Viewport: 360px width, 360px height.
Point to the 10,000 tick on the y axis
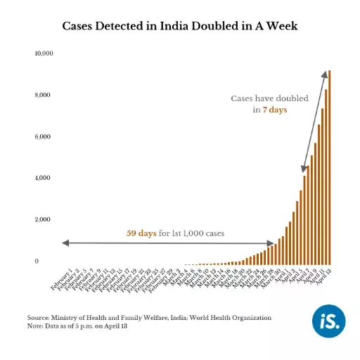pyautogui.click(x=43, y=53)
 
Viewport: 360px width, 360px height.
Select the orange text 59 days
pyautogui.click(x=141, y=233)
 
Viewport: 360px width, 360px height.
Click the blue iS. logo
pyautogui.click(x=329, y=323)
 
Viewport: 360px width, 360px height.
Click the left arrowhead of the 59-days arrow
pyautogui.click(x=65, y=243)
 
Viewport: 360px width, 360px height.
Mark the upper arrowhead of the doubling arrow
pyautogui.click(x=324, y=72)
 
